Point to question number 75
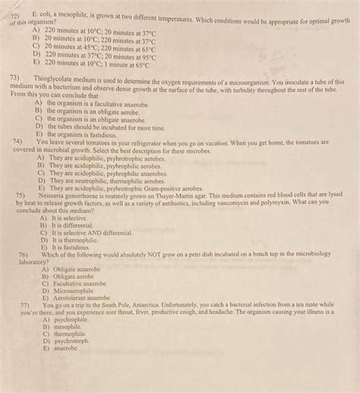21,195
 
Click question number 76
21,255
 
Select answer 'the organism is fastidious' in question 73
83,135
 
